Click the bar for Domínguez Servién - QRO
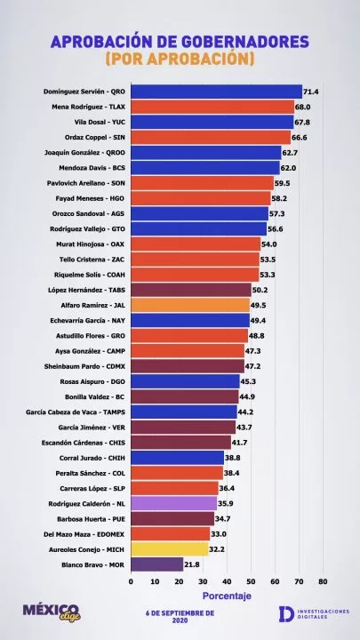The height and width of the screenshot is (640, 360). [x=216, y=92]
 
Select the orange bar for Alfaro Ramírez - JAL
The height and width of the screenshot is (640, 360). [x=190, y=305]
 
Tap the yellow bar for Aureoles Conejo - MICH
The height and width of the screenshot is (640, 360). [x=170, y=549]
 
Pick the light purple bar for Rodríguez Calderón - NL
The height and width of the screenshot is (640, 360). [x=174, y=504]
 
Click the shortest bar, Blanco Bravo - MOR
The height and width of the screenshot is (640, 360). [x=157, y=564]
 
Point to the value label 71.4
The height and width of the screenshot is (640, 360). [x=310, y=92]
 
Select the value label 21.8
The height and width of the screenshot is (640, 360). [x=192, y=565]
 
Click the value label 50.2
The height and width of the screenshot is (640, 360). [x=260, y=290]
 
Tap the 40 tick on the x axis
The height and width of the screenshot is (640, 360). [x=227, y=581]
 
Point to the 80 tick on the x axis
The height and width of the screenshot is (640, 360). [x=323, y=581]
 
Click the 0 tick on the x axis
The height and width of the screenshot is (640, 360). [x=131, y=581]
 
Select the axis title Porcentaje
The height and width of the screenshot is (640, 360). [x=227, y=596]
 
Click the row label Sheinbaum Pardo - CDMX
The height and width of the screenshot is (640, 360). [x=85, y=366]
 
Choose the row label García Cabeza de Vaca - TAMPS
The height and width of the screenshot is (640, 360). [x=76, y=412]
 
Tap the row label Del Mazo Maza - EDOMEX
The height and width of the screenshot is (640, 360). [x=84, y=534]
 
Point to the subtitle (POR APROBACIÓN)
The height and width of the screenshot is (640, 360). [x=180, y=59]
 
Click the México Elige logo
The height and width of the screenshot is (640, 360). [x=52, y=612]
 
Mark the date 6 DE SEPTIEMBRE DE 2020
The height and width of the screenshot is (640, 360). [x=180, y=617]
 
